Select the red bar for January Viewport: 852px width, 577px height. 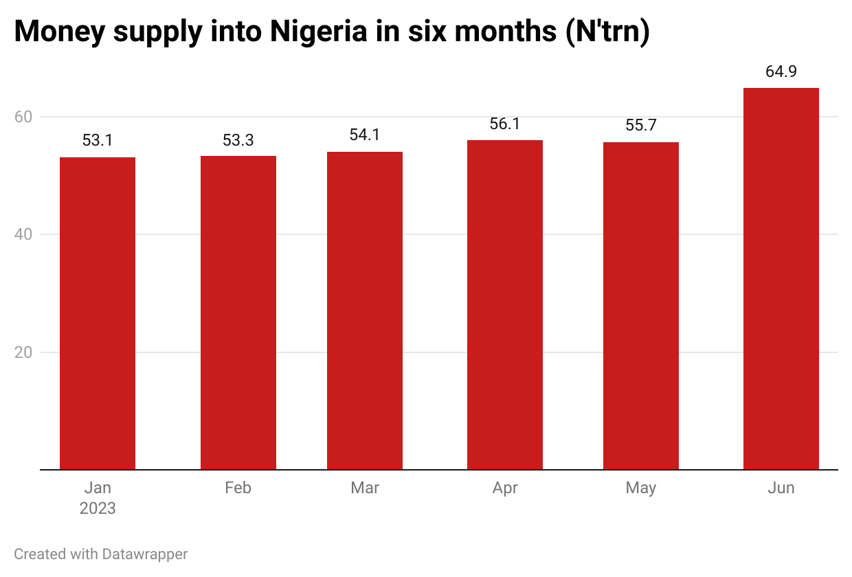98,313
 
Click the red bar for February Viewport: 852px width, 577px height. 238,313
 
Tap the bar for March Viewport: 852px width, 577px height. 365,310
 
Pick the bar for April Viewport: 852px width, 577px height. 505,305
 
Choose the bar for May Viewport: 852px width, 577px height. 641,306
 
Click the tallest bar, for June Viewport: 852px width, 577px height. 781,279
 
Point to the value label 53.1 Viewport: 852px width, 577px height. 98,141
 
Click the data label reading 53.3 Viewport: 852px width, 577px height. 238,140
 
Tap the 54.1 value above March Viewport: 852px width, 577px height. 365,135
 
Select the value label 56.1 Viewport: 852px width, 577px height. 505,124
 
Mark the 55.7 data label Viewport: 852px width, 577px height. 641,126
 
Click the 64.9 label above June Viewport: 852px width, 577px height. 781,71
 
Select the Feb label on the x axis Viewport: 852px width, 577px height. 238,488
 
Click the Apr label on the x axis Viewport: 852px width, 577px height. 505,488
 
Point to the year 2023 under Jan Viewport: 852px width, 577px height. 98,509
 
